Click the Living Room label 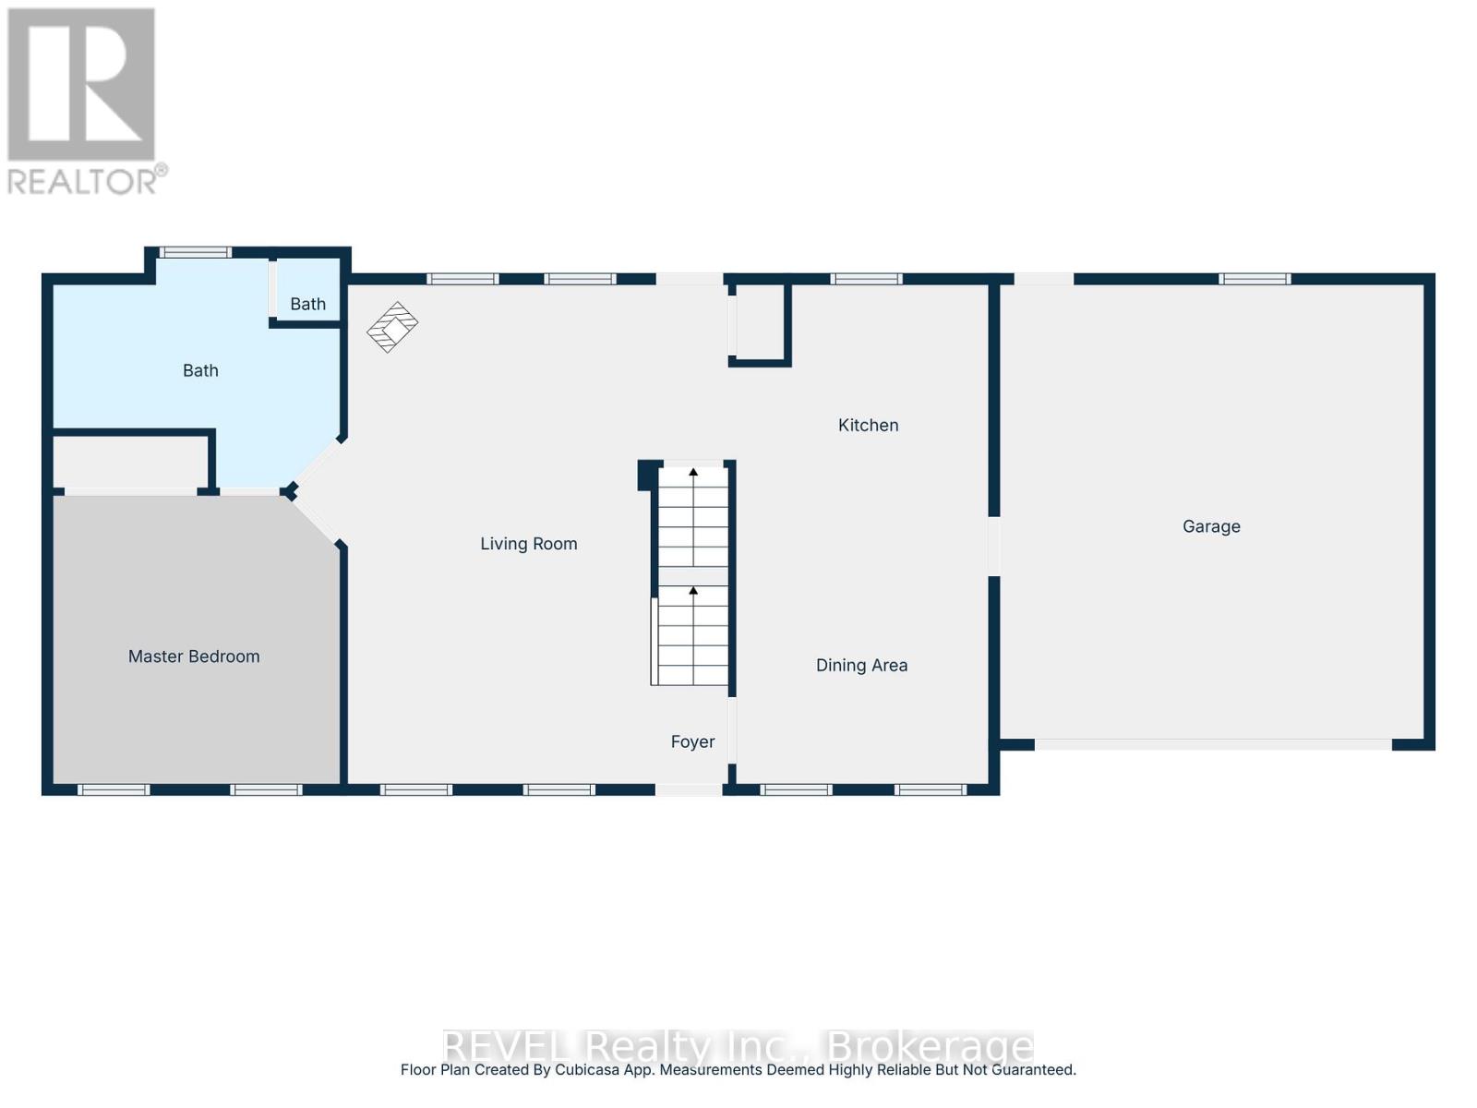click(x=528, y=544)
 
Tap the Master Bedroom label click(x=194, y=656)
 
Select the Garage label click(x=1211, y=526)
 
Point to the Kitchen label click(x=868, y=425)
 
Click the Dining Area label click(x=861, y=665)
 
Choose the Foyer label click(x=692, y=741)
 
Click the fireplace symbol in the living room click(x=392, y=327)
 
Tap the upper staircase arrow click(x=693, y=473)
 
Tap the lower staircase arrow click(x=693, y=591)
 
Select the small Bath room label click(x=308, y=304)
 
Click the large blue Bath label click(x=200, y=370)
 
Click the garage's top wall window click(x=1254, y=279)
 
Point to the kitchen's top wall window click(x=866, y=279)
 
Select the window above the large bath click(x=195, y=252)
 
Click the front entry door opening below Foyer click(x=689, y=789)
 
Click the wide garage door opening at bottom click(x=1212, y=744)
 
